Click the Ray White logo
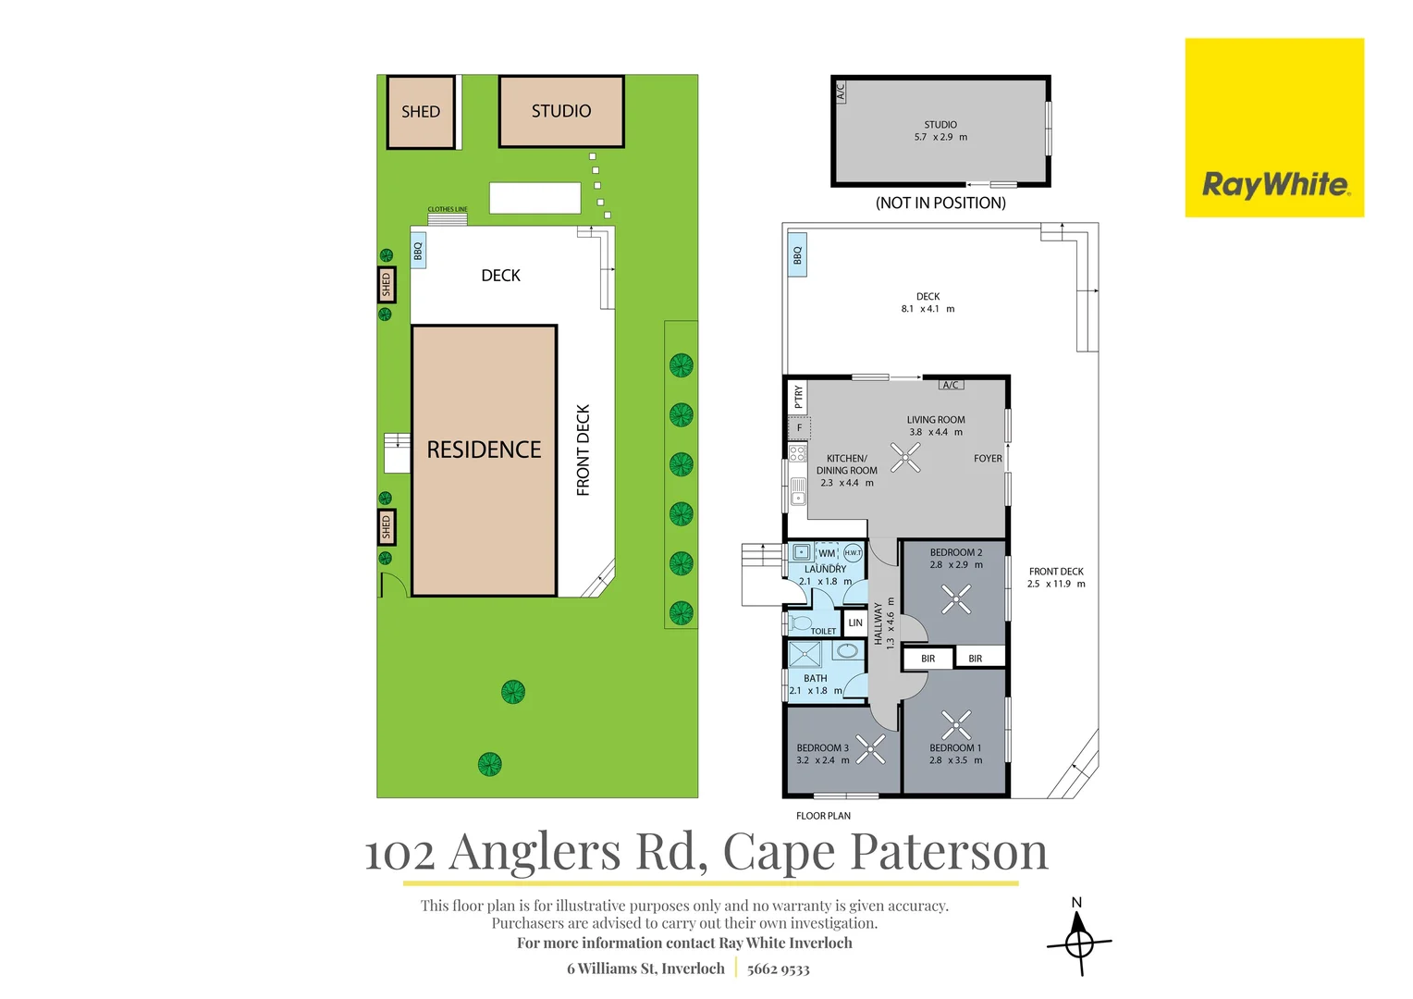tap(1274, 128)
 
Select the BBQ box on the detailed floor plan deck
tap(797, 255)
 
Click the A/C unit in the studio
tap(841, 92)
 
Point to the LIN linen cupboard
tap(854, 623)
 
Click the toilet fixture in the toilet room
tap(799, 623)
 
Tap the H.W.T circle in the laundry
tap(853, 553)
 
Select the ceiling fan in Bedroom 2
tap(956, 598)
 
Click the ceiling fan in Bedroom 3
tap(870, 749)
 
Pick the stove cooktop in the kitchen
tap(797, 453)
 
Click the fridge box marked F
tap(799, 428)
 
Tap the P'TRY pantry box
tap(798, 397)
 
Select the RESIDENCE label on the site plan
tap(484, 450)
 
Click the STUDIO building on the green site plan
tap(561, 112)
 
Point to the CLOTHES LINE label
tap(448, 209)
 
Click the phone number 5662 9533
tap(778, 968)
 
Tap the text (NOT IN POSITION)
tap(940, 203)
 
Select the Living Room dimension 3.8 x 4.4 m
tap(936, 432)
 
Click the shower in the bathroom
tap(805, 654)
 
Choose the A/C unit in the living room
tap(951, 384)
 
